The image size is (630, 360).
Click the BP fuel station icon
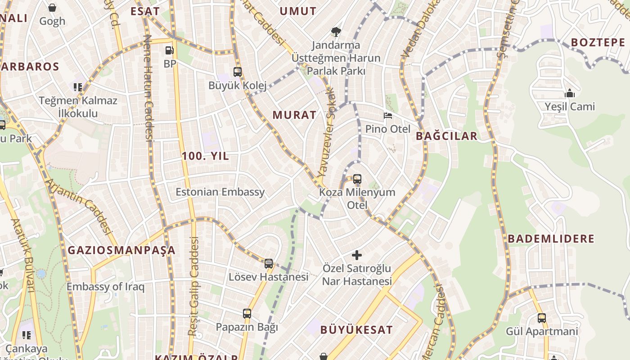(x=170, y=50)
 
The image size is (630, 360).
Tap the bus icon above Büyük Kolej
(x=237, y=72)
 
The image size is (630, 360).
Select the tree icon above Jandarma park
(x=336, y=31)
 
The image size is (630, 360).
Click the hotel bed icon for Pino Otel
(x=387, y=116)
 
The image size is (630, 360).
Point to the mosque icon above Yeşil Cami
(x=570, y=93)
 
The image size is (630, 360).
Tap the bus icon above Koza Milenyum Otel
(x=357, y=179)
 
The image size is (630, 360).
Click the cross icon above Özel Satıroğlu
(x=357, y=255)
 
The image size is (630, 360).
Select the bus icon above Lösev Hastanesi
(x=269, y=263)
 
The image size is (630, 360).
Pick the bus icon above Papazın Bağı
(x=247, y=313)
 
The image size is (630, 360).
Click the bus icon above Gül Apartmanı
(x=542, y=318)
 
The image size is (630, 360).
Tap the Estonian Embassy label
(x=220, y=192)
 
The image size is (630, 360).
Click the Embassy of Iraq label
(x=106, y=287)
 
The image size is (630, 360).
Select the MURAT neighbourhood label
(x=294, y=115)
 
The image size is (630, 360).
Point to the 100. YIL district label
(x=205, y=156)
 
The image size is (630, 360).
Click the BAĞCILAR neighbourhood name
(x=446, y=136)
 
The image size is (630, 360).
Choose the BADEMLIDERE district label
(x=551, y=238)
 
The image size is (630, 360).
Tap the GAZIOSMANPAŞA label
(x=121, y=250)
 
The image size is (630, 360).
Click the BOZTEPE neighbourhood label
(x=598, y=42)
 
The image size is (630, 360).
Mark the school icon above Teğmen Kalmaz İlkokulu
(x=78, y=87)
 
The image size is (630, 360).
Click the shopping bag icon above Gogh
(x=52, y=8)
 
